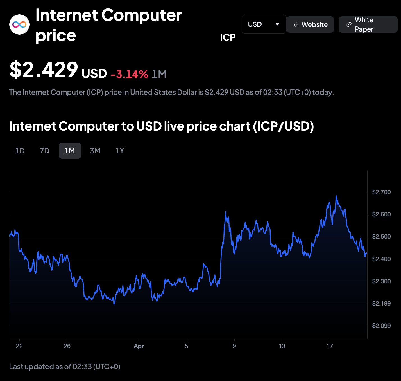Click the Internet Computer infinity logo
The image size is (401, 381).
[19, 24]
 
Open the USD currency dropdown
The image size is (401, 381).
[264, 24]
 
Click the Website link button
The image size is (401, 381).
[310, 24]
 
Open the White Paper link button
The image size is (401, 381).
[368, 24]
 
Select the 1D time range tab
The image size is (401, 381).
[20, 151]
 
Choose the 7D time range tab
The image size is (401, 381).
[45, 151]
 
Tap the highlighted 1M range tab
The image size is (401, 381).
[70, 151]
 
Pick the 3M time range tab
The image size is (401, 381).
[95, 151]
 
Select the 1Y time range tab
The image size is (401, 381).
[120, 151]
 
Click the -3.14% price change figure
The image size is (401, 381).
[129, 74]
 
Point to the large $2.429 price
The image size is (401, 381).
[44, 70]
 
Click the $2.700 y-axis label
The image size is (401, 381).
[381, 192]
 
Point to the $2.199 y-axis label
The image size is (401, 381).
[381, 303]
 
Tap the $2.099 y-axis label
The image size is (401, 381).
[381, 326]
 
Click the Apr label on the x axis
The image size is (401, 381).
[139, 346]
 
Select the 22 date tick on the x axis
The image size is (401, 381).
[19, 346]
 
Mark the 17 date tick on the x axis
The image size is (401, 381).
[330, 346]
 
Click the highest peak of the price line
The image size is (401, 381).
[336, 196]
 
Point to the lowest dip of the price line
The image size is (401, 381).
[114, 304]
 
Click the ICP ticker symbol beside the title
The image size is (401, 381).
[228, 37]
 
